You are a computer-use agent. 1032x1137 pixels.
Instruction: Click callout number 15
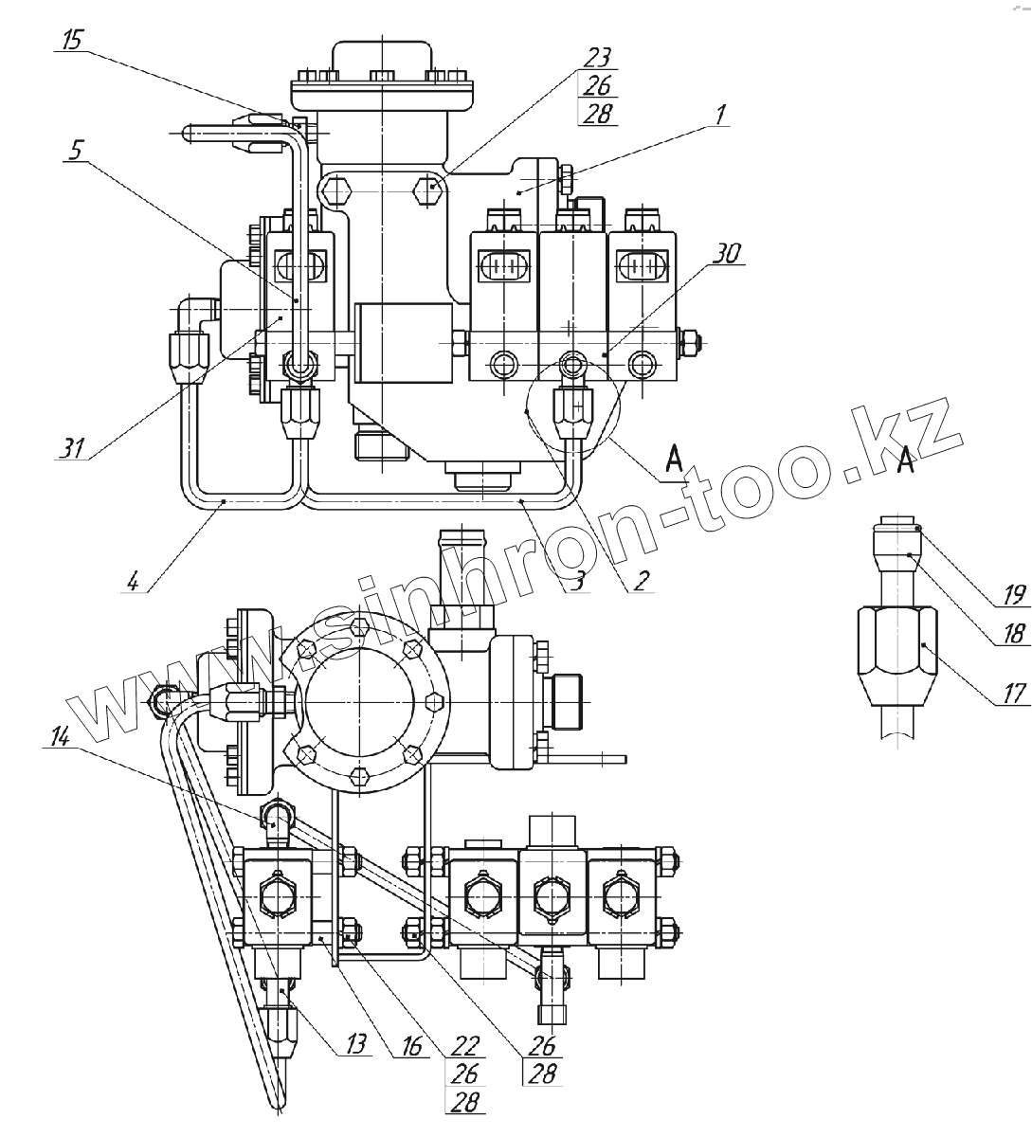[72, 40]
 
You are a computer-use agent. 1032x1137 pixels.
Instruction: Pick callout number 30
[729, 254]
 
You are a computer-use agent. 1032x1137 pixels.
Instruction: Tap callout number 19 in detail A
[1014, 596]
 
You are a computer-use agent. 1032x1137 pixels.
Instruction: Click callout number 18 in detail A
[1014, 633]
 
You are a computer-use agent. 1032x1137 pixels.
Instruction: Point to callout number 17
[1014, 695]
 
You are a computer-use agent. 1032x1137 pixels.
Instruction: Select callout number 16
[409, 1045]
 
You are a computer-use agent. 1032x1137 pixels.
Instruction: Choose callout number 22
[464, 1045]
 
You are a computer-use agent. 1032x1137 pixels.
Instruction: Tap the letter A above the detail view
[906, 462]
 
